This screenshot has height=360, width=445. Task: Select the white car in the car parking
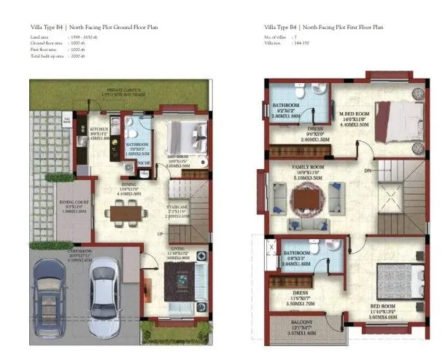coord(104,288)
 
